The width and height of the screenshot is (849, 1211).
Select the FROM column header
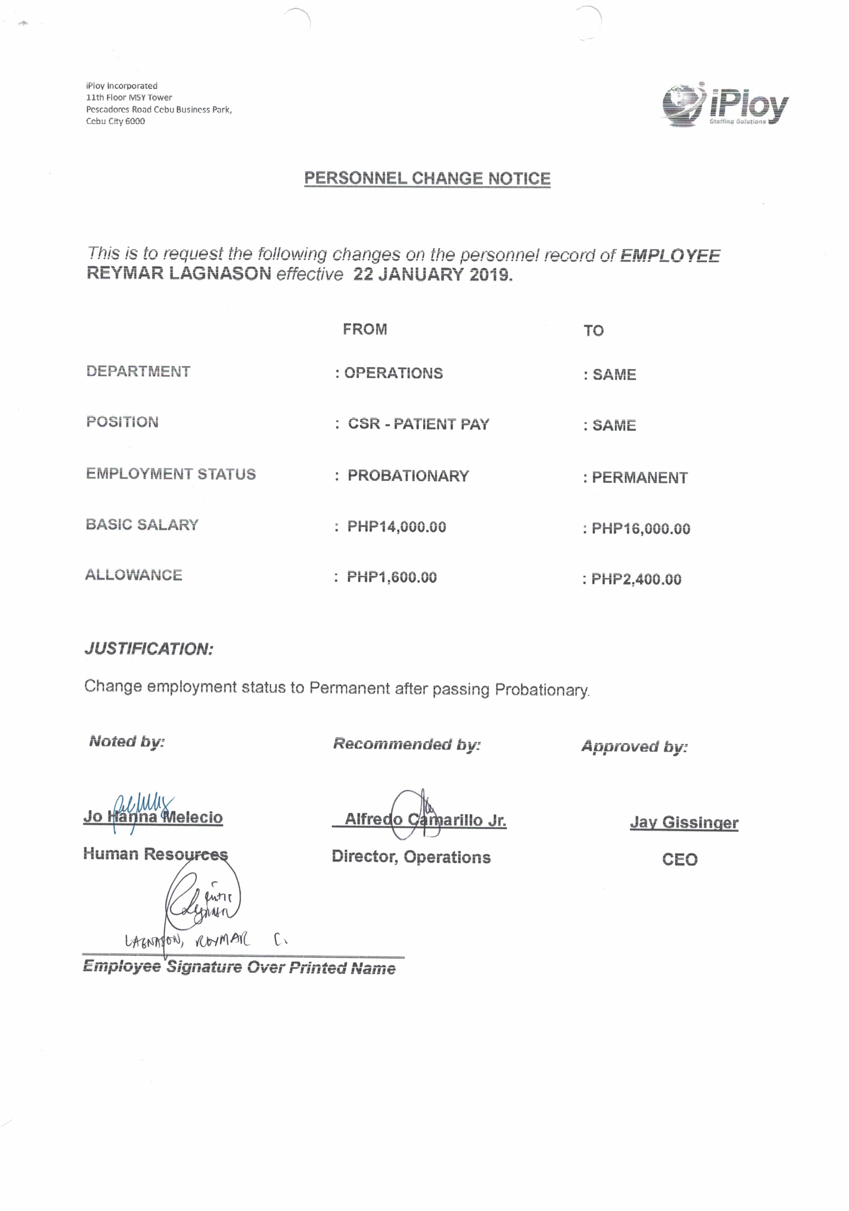pos(365,329)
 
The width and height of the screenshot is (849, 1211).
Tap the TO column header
pos(593,331)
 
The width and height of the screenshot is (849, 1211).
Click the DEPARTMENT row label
pos(138,371)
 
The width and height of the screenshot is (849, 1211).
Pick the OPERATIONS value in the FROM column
pos(393,373)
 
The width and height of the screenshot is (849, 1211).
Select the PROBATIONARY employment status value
pos(408,476)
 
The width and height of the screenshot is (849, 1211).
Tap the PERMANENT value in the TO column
pos(640,477)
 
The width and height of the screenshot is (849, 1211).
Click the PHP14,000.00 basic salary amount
pos(396,526)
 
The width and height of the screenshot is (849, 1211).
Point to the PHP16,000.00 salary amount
pos(641,529)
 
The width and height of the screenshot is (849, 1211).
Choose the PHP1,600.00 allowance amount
pos(392,577)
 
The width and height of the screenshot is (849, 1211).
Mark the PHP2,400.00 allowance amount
pos(636,579)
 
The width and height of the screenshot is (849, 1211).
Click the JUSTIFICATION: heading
pos(149,649)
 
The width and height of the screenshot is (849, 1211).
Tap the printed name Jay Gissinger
pos(684,822)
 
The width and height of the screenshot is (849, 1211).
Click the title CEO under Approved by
pos(679,859)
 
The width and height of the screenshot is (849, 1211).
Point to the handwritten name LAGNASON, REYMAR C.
pos(206,940)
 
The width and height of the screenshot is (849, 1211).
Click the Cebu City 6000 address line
pos(116,121)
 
